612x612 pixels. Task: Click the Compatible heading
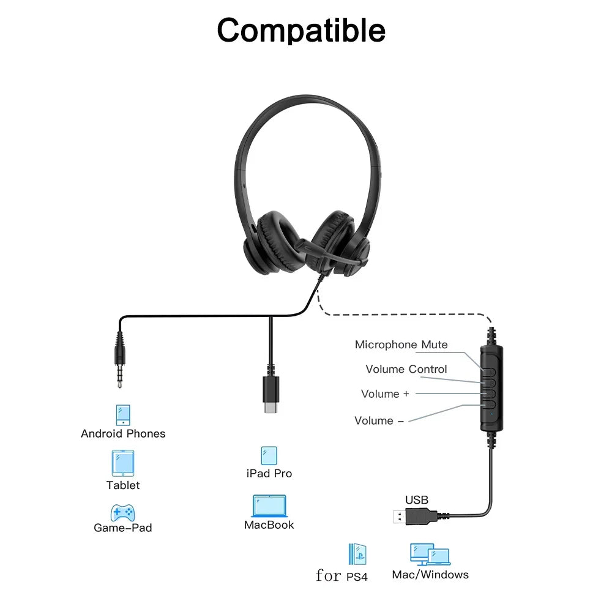pos(301,30)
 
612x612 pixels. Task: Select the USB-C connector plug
pos(270,396)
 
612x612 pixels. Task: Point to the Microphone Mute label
pos(401,345)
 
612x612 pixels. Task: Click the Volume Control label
pos(406,369)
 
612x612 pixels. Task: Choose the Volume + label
pos(384,394)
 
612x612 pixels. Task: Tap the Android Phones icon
pos(124,415)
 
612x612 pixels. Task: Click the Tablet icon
pos(123,463)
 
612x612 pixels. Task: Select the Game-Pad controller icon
pos(122,512)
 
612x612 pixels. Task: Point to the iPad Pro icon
pos(269,455)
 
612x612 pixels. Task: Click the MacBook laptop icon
pos(269,506)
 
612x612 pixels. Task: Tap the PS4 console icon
pos(357,554)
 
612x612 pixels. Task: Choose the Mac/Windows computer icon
pos(430,554)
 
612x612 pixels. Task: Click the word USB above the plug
pos(417,500)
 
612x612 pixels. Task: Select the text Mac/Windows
pos(430,575)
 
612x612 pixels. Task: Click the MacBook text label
pos(269,525)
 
